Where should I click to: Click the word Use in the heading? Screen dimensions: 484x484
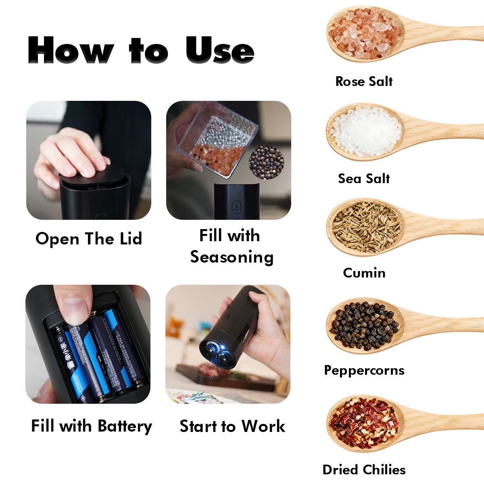pos(220,50)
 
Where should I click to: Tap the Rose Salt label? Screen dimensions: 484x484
pos(364,81)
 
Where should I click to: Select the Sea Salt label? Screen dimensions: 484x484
pos(364,179)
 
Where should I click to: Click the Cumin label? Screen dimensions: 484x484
pos(364,273)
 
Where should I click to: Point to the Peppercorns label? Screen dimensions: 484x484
pos(364,370)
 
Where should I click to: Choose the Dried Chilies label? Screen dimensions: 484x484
pos(364,470)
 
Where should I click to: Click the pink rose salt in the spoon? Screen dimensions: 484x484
pos(365,34)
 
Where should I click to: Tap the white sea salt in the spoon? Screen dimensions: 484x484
pos(366,131)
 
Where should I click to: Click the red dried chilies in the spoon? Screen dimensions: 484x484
pos(364,423)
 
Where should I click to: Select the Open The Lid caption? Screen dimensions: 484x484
pos(89,239)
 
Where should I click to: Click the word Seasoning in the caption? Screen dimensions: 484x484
pos(232,257)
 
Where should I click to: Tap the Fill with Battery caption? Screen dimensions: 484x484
pos(92,426)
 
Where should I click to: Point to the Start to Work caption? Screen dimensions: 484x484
pos(232,426)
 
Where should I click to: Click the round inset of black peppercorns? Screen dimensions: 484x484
pos(266,163)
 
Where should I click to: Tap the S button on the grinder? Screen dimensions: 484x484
pos(236,207)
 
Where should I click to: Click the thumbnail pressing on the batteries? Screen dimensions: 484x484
pos(75,311)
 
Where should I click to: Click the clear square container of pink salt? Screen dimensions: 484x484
pos(217,140)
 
